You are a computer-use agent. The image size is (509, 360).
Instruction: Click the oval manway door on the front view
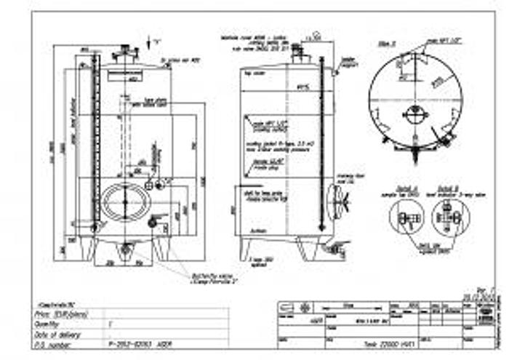(x=124, y=201)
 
